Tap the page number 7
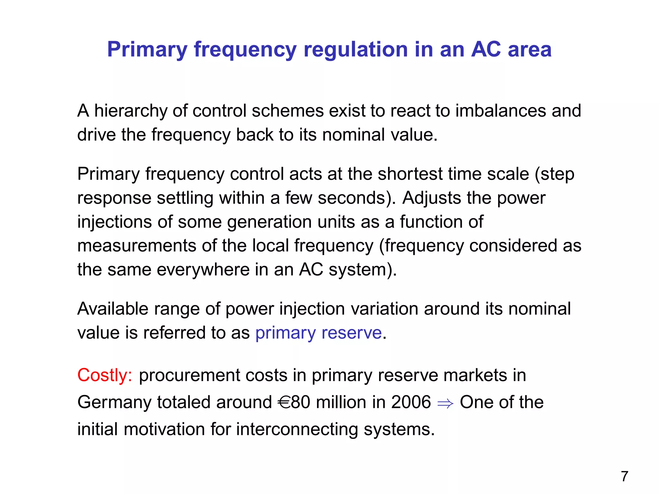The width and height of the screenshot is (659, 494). point(625,476)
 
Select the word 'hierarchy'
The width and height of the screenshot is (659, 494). point(131,111)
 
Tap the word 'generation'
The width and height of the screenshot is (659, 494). point(269,222)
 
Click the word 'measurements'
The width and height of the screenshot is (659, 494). point(137,246)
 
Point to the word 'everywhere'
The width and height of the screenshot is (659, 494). point(203,270)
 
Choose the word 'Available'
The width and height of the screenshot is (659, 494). point(113,309)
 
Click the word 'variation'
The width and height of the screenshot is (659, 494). point(384,309)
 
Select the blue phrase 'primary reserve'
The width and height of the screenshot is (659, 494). point(319,333)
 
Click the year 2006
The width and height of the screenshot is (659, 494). point(411,402)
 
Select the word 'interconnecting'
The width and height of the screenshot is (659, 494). point(297,429)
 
